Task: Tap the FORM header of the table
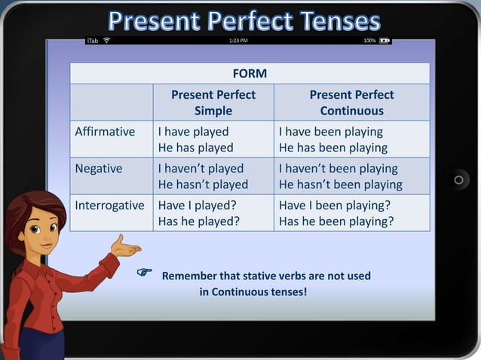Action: pyautogui.click(x=250, y=73)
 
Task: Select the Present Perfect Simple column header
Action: pyautogui.click(x=213, y=102)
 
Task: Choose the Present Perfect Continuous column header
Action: pyautogui.click(x=351, y=102)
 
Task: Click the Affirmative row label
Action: pyautogui.click(x=105, y=132)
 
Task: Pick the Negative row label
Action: pyautogui.click(x=99, y=169)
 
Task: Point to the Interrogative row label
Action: pyautogui.click(x=109, y=205)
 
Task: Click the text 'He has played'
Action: pyautogui.click(x=195, y=148)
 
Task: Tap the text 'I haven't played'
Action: pyautogui.click(x=201, y=169)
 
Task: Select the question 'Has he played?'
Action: pyautogui.click(x=199, y=221)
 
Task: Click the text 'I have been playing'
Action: pyautogui.click(x=331, y=132)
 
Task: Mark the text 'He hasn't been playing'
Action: pyautogui.click(x=341, y=185)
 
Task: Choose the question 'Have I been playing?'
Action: pyautogui.click(x=334, y=205)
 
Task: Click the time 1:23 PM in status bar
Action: pyautogui.click(x=238, y=40)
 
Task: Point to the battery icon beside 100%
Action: pyautogui.click(x=384, y=40)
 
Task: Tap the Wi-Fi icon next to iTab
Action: pyautogui.click(x=106, y=40)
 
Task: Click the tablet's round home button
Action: pyautogui.click(x=458, y=180)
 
